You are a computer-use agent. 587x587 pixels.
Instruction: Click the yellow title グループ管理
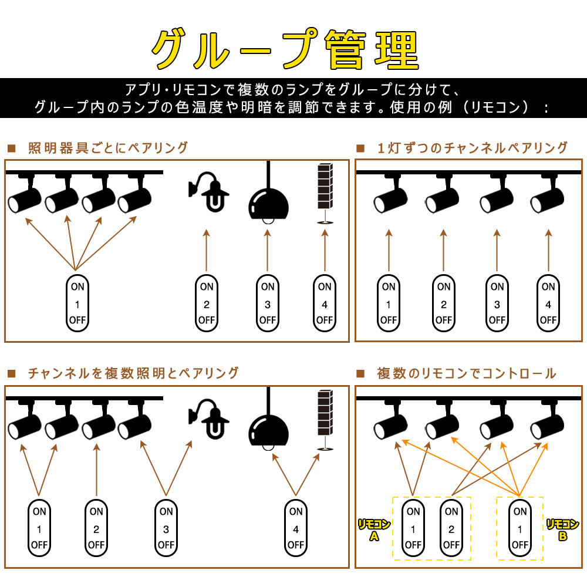tap(285, 49)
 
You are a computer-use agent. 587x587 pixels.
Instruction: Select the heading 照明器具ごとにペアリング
tap(108, 148)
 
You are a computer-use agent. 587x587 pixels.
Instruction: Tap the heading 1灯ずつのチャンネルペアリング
tap(473, 148)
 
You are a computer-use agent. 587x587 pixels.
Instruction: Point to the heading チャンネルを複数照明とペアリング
tap(133, 373)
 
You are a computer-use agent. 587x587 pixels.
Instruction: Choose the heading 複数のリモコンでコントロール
tap(467, 373)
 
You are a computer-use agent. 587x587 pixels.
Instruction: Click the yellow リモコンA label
tap(374, 529)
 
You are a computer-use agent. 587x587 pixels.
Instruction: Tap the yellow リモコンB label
tap(563, 529)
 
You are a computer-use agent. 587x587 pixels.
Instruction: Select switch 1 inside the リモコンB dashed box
tap(520, 528)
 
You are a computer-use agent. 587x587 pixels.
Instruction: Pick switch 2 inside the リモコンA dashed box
tap(451, 528)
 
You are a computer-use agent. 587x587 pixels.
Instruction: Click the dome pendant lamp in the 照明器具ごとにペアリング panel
tap(268, 204)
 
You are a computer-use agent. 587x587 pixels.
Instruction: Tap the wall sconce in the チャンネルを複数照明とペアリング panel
tap(208, 419)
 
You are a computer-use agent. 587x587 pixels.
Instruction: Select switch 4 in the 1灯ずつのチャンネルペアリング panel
tap(548, 303)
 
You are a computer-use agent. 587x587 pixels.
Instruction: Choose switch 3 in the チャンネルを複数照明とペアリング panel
tap(166, 528)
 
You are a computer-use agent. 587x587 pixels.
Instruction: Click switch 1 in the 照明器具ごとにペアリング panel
tap(77, 303)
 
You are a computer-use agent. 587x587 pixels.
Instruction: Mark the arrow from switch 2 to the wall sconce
tap(206, 250)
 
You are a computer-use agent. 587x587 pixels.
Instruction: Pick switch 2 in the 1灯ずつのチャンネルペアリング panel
tap(444, 303)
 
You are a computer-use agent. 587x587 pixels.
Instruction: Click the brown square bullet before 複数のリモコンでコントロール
tap(360, 373)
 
